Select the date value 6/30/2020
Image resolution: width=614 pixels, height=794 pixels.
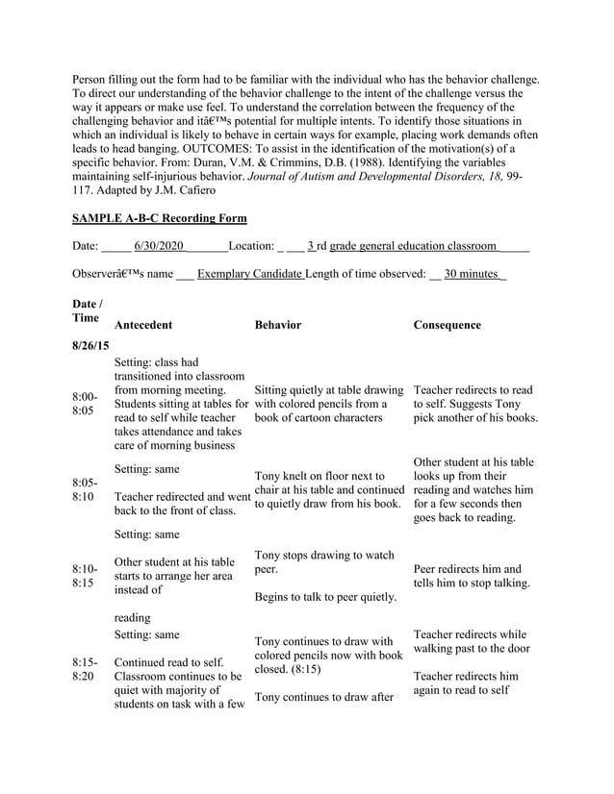[x=159, y=246]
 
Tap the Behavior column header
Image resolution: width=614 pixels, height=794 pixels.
[x=278, y=326]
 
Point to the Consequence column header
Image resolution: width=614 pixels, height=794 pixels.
[x=447, y=326]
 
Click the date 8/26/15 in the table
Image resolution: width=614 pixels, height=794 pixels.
[x=90, y=345]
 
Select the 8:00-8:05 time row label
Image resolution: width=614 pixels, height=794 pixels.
[x=85, y=404]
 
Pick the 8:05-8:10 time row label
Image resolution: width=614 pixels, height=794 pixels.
[x=85, y=490]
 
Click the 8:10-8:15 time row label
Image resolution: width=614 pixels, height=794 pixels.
[x=85, y=576]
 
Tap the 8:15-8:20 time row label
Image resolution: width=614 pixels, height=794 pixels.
[x=85, y=671]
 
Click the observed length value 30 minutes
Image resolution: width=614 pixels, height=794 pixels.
[x=471, y=274]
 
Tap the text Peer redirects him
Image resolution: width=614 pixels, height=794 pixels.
[x=459, y=569]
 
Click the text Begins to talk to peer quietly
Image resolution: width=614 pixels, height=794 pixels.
[x=325, y=598]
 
